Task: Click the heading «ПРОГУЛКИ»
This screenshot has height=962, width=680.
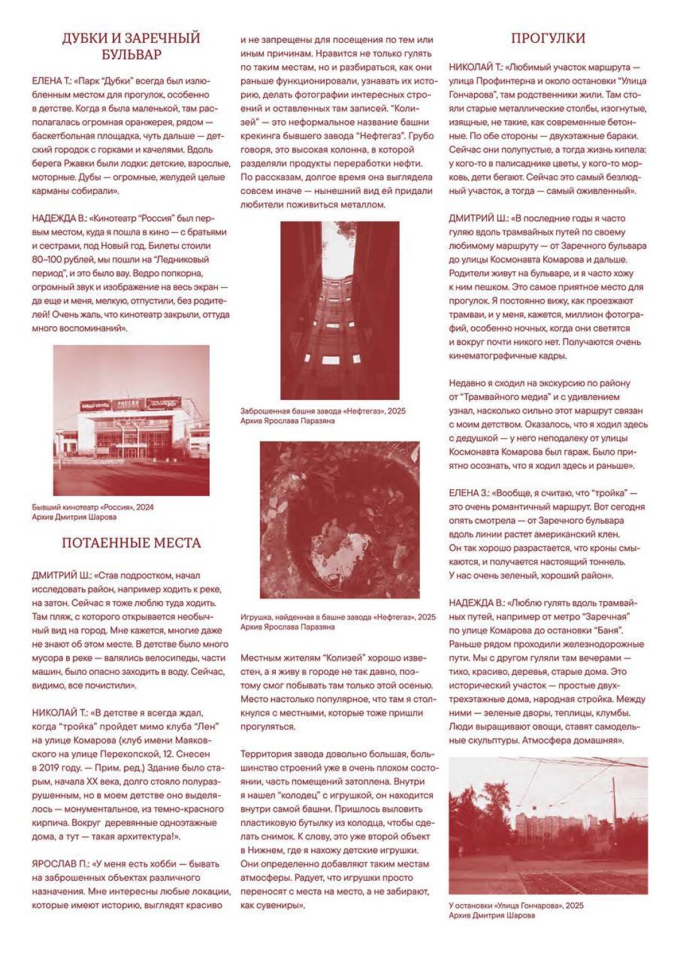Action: tap(548, 38)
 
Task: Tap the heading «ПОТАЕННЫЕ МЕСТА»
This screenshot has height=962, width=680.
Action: tap(131, 543)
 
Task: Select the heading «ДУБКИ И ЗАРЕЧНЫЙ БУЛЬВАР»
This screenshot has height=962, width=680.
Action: tap(131, 46)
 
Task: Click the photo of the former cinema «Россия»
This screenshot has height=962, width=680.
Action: tap(131, 420)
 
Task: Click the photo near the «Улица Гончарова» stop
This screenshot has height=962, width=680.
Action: tap(548, 825)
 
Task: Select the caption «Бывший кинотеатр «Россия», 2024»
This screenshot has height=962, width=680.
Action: tap(93, 507)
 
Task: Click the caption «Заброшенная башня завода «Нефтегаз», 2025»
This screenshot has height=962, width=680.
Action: tap(323, 411)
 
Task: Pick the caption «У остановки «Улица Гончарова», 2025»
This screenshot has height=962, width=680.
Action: tap(516, 905)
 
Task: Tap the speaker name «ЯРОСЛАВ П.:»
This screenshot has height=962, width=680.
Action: tap(60, 864)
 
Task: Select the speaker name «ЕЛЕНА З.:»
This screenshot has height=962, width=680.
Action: tap(468, 493)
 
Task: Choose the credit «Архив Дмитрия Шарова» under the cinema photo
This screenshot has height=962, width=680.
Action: tap(74, 517)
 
